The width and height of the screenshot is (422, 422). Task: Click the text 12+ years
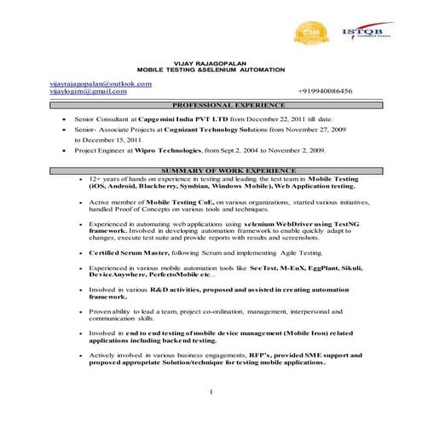[104, 179]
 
